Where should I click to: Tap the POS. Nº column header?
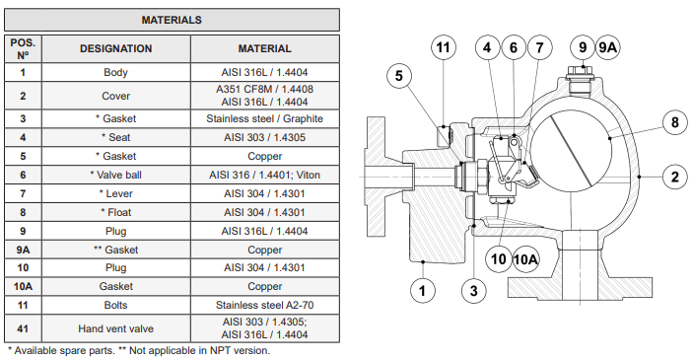pos(22,48)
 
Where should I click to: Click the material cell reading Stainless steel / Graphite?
pos(264,118)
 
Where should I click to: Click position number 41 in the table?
pos(22,328)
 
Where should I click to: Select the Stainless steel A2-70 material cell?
pos(264,306)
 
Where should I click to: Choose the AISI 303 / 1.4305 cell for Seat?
pos(264,137)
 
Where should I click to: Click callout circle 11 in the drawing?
pos(444,47)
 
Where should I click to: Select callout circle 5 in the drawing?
pos(399,75)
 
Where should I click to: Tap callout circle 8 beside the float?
pos(674,123)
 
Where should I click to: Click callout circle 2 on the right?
pos(674,177)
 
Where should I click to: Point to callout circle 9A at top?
pos(609,46)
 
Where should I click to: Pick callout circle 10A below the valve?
pos(527,259)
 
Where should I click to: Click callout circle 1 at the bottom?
pos(422,290)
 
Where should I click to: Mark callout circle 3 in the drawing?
pos(473,290)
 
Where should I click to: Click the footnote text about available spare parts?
pos(138,350)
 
